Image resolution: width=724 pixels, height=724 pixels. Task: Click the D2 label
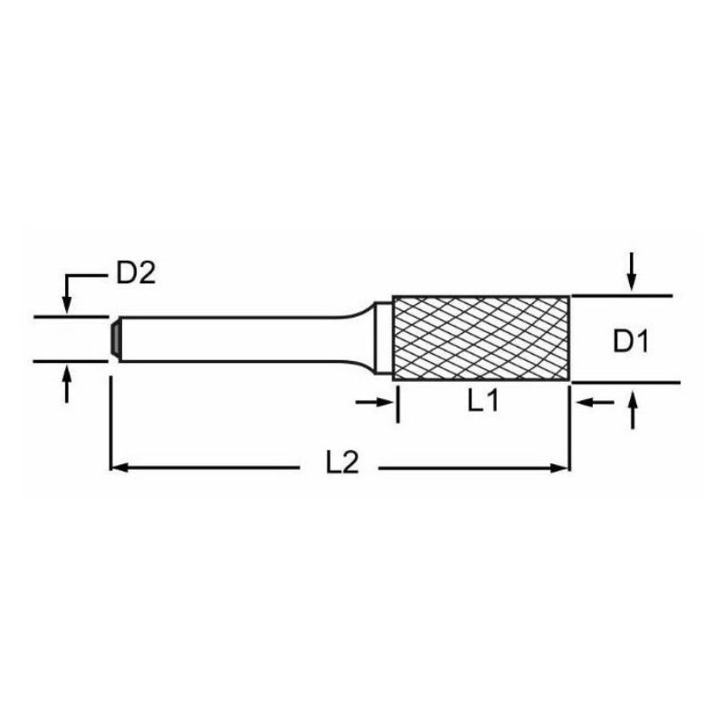tap(136, 274)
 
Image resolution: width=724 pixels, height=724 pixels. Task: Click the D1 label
tap(631, 342)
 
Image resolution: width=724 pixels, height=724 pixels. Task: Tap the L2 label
tap(342, 462)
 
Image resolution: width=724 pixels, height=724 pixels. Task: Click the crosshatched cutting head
tap(481, 338)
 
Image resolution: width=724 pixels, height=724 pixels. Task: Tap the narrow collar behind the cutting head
tap(383, 338)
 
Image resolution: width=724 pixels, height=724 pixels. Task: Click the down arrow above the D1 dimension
tap(632, 272)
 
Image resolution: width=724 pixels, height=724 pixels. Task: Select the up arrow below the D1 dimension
tap(633, 410)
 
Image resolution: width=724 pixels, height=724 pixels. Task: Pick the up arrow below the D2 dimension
tap(67, 384)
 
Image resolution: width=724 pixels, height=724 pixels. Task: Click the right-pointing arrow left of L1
tap(374, 402)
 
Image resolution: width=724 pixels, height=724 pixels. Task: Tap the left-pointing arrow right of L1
tap(595, 403)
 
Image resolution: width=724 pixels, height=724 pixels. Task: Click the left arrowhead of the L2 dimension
tap(119, 468)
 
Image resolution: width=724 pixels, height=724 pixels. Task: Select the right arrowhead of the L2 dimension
tap(560, 468)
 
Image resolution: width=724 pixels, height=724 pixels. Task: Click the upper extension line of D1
tap(622, 296)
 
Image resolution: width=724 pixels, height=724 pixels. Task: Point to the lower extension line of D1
tap(625, 382)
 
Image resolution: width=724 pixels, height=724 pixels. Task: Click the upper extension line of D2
tap(71, 318)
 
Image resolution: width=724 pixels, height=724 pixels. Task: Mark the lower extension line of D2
tap(71, 361)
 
